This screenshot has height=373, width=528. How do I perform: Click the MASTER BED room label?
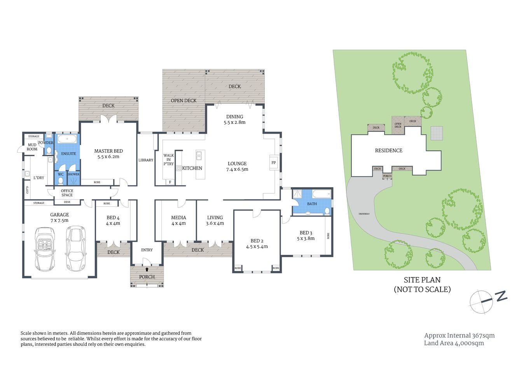108,151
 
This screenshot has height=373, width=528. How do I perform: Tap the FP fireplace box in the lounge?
273,163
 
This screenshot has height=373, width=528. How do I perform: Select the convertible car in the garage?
45,249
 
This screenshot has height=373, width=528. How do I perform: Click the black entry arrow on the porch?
147,269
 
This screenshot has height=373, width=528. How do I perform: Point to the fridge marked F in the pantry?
170,182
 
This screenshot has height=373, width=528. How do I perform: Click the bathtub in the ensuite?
68,139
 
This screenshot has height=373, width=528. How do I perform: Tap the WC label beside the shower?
61,174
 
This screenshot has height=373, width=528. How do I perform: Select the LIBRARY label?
146,160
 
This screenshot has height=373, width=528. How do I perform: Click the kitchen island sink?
199,156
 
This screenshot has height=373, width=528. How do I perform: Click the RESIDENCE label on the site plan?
388,150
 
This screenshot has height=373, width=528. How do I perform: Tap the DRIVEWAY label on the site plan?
364,214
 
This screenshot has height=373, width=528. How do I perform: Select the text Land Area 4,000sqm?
454,343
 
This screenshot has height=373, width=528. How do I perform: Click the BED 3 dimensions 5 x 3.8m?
306,239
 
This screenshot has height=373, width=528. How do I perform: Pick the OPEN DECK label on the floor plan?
184,101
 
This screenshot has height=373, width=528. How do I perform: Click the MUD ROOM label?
32,147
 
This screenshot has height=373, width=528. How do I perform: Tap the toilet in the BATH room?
327,211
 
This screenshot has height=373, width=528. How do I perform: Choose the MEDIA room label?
178,218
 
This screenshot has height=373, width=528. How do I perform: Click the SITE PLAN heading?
422,280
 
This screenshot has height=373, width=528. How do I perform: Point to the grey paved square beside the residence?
436,133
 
